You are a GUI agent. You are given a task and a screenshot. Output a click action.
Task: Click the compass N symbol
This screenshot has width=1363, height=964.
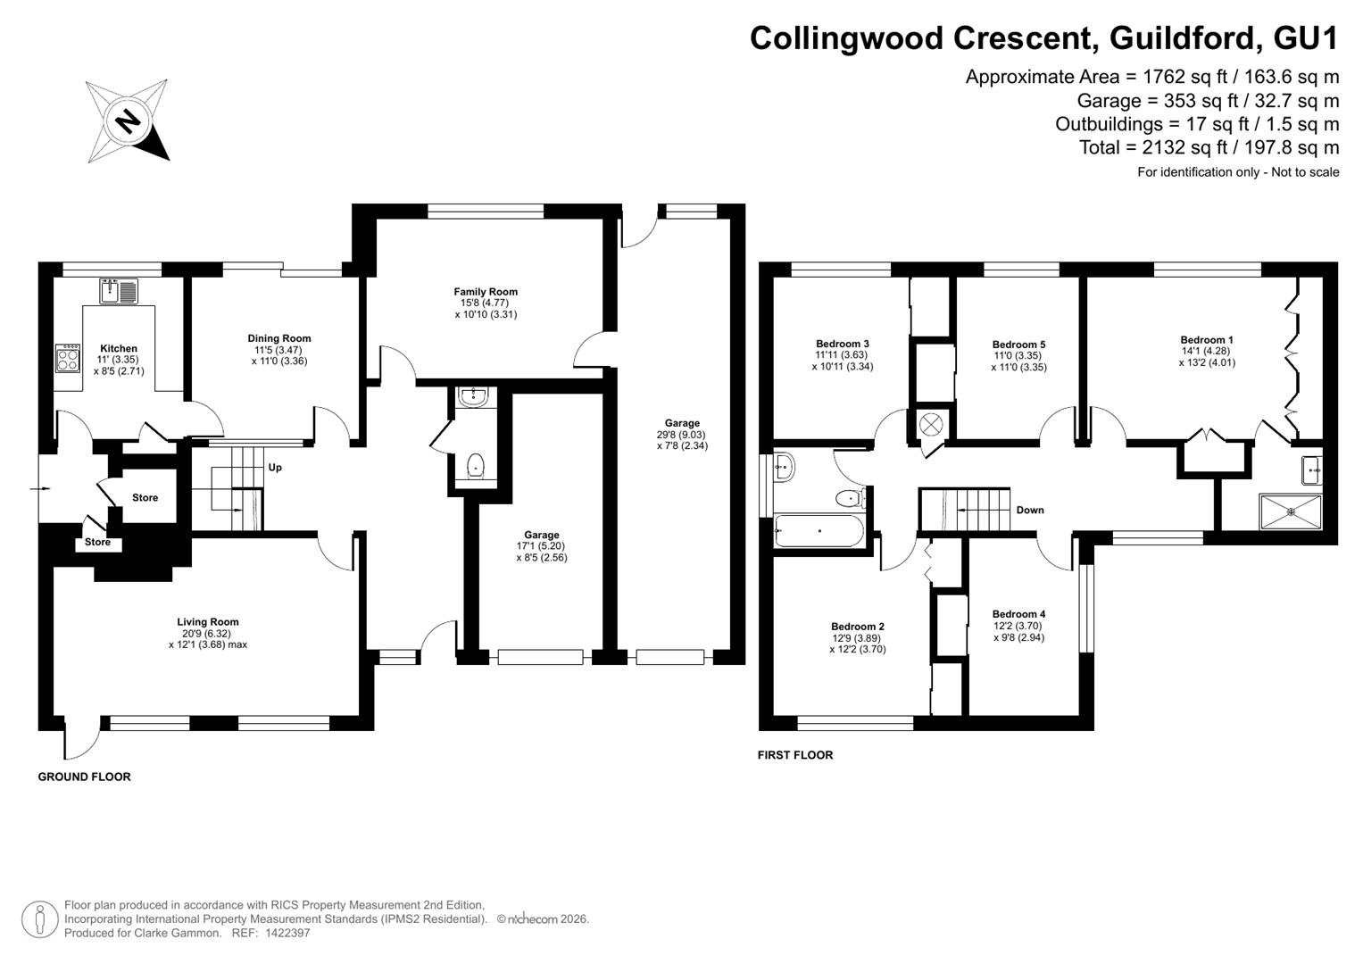[128, 121]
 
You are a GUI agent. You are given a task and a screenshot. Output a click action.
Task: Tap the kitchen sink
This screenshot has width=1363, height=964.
[119, 291]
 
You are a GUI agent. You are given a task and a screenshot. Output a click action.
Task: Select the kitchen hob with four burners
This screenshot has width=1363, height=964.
[68, 358]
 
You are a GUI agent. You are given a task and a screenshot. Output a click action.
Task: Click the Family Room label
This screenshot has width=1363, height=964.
[486, 292]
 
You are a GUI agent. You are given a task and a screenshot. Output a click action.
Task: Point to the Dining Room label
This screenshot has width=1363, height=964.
[279, 338]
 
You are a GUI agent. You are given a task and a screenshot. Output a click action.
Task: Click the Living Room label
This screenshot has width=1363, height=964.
[208, 622]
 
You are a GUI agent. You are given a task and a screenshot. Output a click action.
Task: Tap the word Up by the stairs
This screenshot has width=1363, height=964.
[275, 468]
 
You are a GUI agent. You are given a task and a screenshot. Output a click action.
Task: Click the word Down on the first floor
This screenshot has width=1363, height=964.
[1030, 510]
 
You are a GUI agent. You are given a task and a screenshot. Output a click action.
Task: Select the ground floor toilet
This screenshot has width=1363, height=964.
[476, 467]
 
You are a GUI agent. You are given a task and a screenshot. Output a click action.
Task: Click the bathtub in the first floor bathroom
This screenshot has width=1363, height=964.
[819, 531]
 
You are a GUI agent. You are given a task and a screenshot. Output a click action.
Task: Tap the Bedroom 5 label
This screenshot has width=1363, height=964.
[1019, 345]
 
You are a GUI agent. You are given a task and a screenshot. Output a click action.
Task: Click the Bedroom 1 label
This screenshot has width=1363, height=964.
[1207, 339]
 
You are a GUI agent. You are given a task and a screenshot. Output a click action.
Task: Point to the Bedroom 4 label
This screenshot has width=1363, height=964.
[1019, 614]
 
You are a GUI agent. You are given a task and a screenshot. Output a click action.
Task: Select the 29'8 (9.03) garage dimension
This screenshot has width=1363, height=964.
[682, 435]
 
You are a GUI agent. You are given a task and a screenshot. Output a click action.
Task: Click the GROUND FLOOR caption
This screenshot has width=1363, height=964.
[85, 777]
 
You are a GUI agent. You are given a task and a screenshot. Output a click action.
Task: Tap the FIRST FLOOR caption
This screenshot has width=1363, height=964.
[795, 754]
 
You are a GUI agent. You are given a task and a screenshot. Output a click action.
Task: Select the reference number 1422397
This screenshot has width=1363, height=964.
[287, 933]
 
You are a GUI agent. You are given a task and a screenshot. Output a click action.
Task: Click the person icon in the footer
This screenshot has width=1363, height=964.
[40, 919]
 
